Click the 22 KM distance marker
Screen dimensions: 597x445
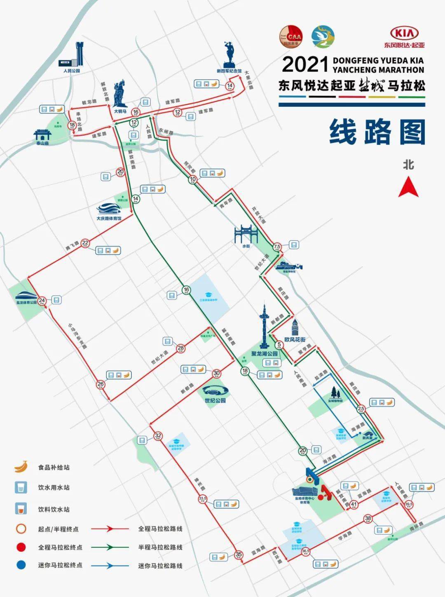(85, 243)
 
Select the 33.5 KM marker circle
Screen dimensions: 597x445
(203, 499)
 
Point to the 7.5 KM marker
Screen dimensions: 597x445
(277, 247)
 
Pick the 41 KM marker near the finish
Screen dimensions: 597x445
(354, 504)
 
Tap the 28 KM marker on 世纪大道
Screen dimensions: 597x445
(180, 349)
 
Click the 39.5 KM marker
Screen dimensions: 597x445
(409, 504)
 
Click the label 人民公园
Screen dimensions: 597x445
(71, 71)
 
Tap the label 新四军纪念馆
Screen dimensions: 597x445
(229, 71)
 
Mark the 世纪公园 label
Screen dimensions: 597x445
(215, 400)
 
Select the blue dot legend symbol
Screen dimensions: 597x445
(21, 565)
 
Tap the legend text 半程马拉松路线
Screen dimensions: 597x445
(160, 548)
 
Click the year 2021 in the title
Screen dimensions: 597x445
(304, 65)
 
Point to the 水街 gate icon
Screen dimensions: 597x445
(246, 235)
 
